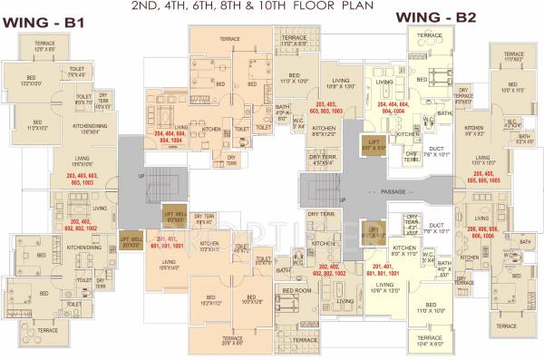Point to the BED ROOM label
[x=296, y=289]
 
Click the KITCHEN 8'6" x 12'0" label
[x=324, y=131]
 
